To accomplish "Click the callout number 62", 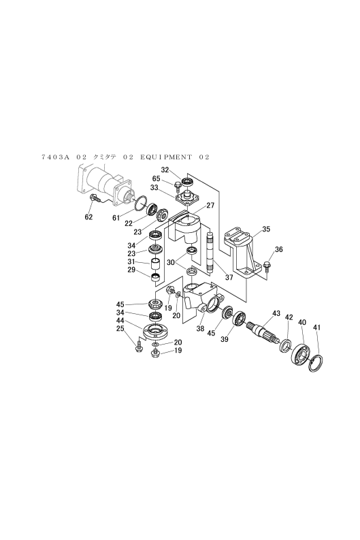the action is click(88, 217).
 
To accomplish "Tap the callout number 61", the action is click(116, 218).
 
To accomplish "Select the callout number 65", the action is click(157, 178).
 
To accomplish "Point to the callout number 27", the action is click(210, 205).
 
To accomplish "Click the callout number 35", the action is click(266, 229).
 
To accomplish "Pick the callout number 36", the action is click(279, 249).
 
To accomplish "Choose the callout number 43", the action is click(276, 313).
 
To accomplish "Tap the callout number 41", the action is click(317, 328).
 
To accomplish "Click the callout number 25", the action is click(120, 328).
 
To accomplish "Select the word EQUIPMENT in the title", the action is click(166, 157).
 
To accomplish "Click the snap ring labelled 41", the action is click(316, 364).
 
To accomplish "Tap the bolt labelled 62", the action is click(94, 198).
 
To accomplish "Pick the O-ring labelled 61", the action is click(141, 204).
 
